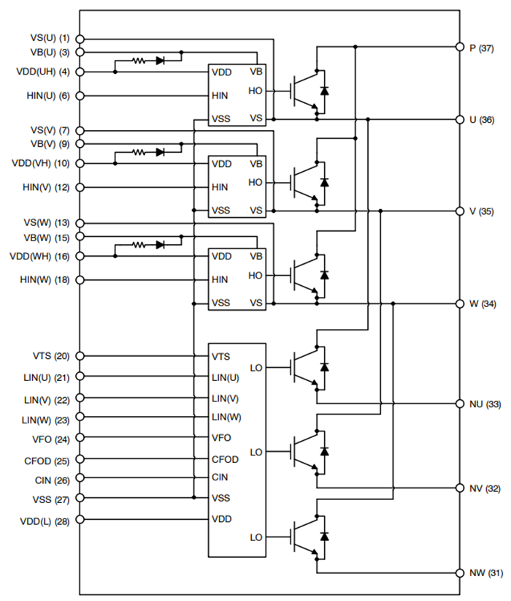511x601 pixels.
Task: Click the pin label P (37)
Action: click(x=482, y=48)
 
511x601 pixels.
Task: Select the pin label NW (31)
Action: click(x=485, y=572)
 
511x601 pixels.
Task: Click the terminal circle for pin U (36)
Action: click(x=460, y=119)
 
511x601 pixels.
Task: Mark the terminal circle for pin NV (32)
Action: click(x=460, y=488)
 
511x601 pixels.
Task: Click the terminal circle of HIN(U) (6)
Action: click(x=80, y=95)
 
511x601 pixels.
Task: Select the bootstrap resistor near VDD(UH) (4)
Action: click(x=138, y=61)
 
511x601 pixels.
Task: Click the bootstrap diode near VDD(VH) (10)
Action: click(x=160, y=152)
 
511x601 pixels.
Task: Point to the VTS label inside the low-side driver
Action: click(x=221, y=356)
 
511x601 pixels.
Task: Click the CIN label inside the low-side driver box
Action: click(x=220, y=478)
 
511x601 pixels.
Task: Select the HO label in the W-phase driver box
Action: click(x=255, y=275)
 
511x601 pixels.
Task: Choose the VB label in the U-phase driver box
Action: click(x=256, y=72)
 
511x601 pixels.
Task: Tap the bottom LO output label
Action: click(x=255, y=537)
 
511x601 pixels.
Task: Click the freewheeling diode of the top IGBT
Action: click(x=324, y=91)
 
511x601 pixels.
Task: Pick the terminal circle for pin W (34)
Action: click(x=460, y=303)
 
